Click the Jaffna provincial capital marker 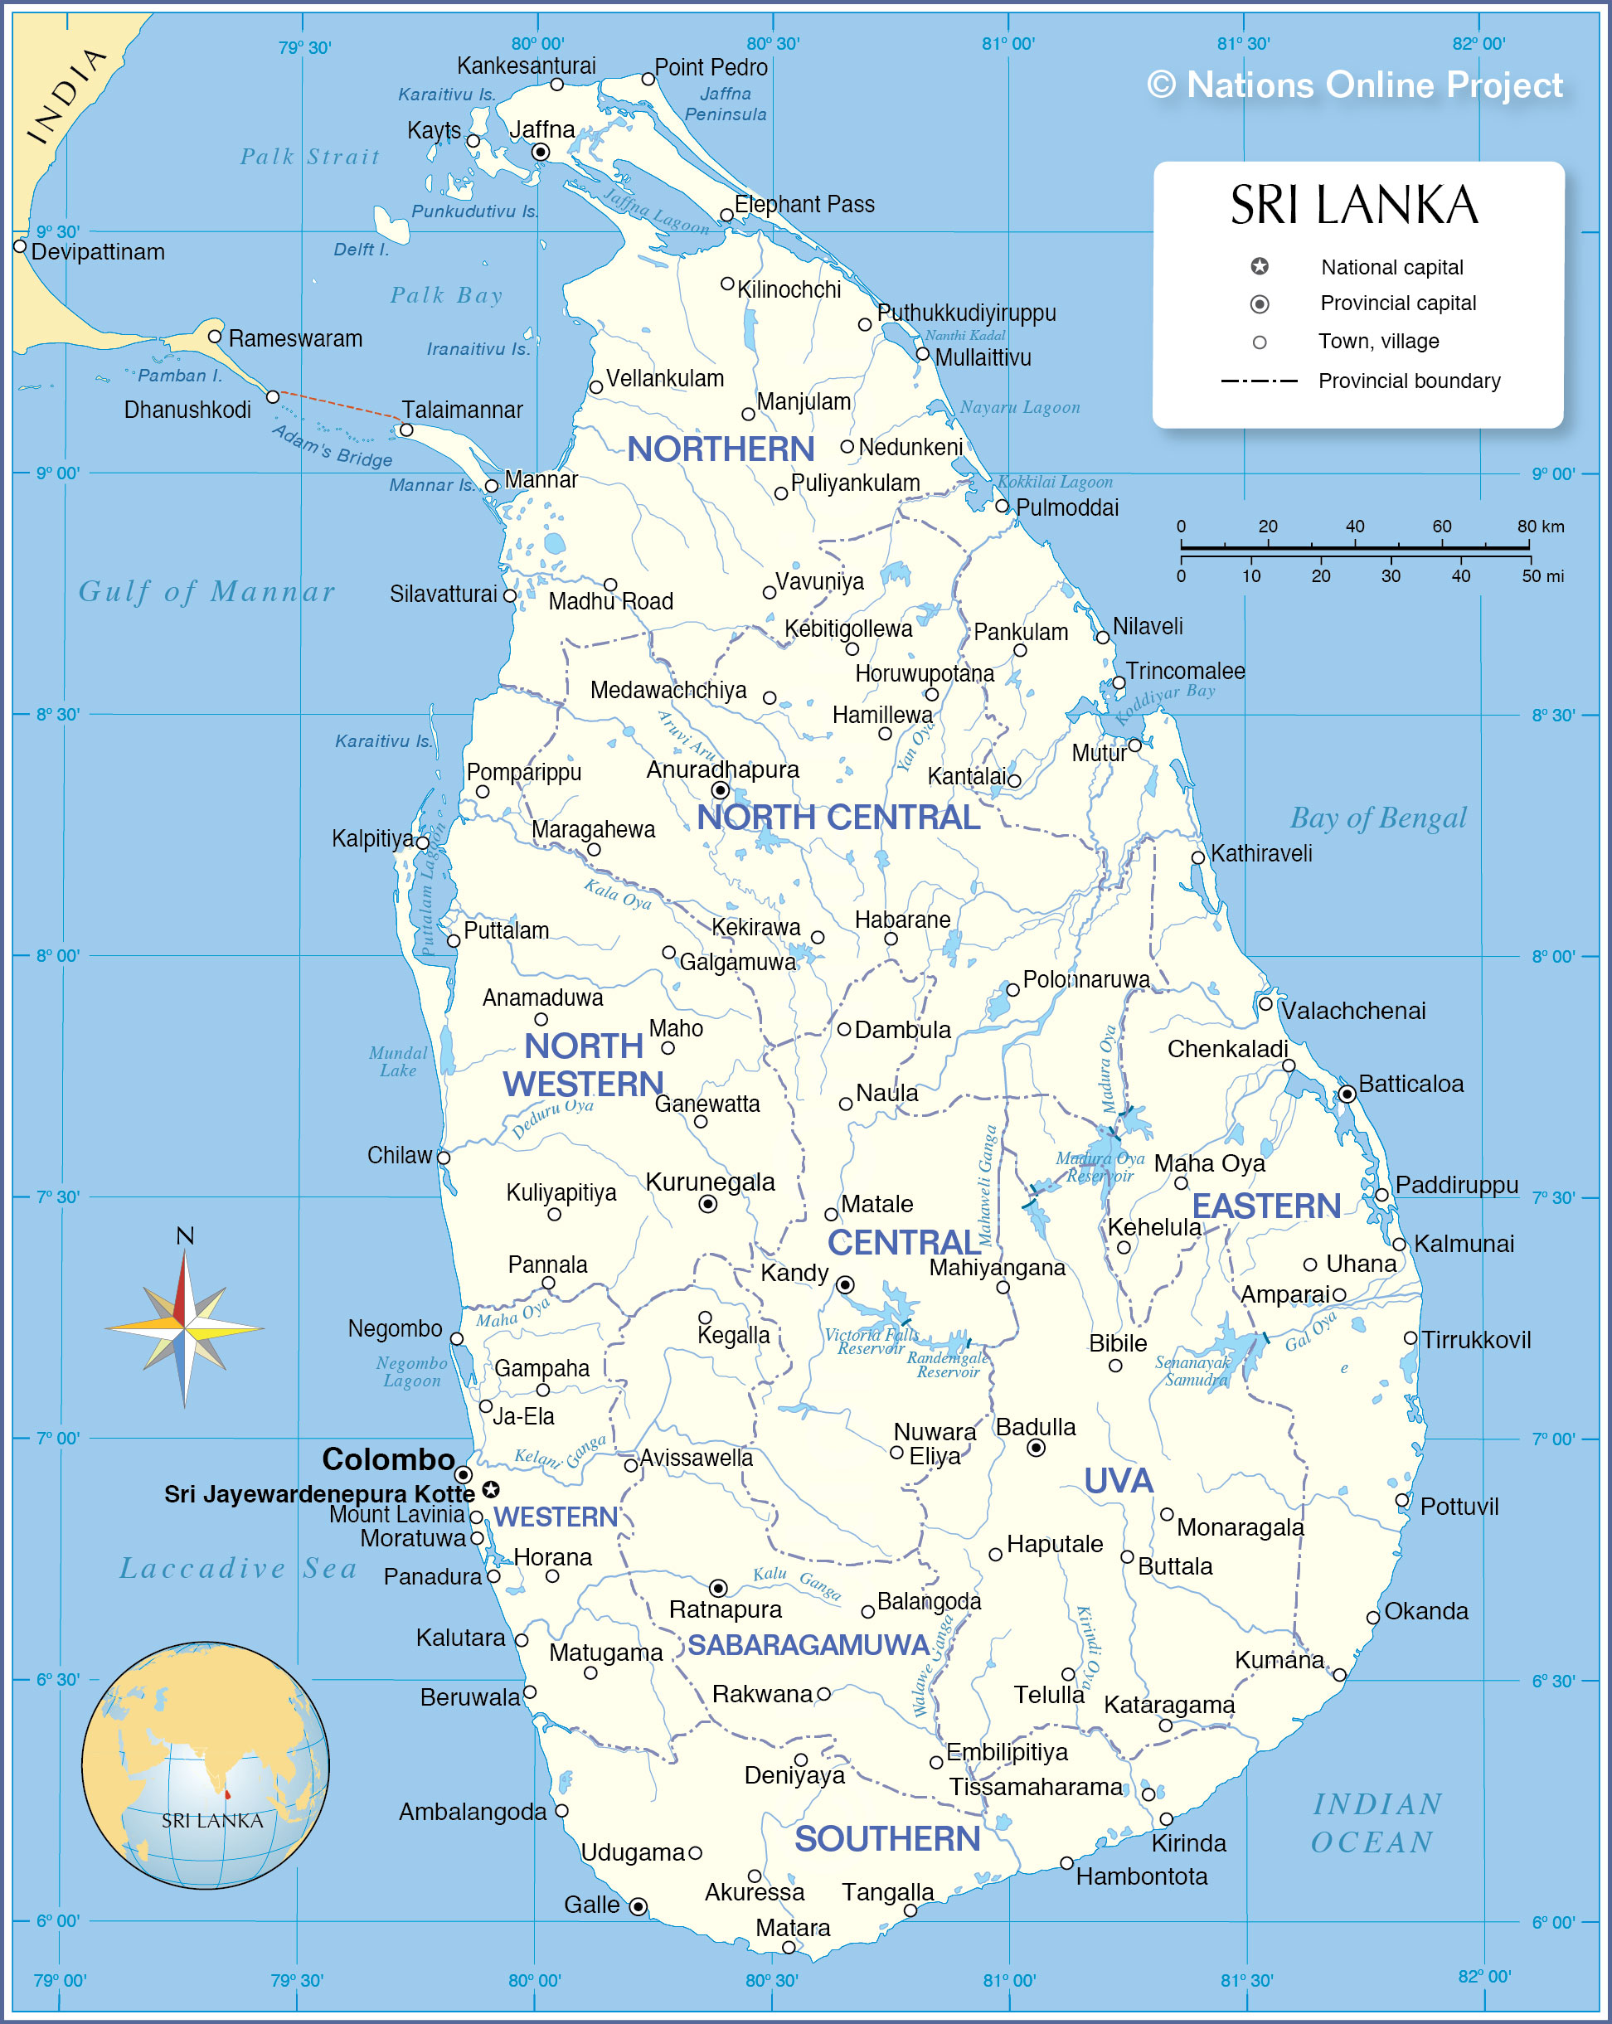click(x=541, y=152)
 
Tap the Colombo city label click(x=388, y=1459)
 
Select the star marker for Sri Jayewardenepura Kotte click(x=490, y=1490)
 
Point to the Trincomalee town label click(x=1185, y=672)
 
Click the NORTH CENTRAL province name click(x=838, y=818)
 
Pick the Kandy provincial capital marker click(x=845, y=1284)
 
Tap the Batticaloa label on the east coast click(x=1410, y=1085)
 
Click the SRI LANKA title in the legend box click(x=1354, y=206)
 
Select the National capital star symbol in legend click(x=1260, y=267)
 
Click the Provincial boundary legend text click(x=1408, y=381)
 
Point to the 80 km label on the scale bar click(x=1540, y=527)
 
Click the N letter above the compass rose click(x=185, y=1235)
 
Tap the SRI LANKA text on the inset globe click(x=212, y=1820)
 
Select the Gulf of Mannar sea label click(x=206, y=591)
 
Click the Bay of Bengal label click(x=1377, y=818)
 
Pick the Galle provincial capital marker click(x=638, y=1905)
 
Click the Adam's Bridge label click(x=332, y=446)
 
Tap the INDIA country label click(x=66, y=97)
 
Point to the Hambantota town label click(x=1141, y=1876)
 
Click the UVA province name click(x=1117, y=1480)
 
